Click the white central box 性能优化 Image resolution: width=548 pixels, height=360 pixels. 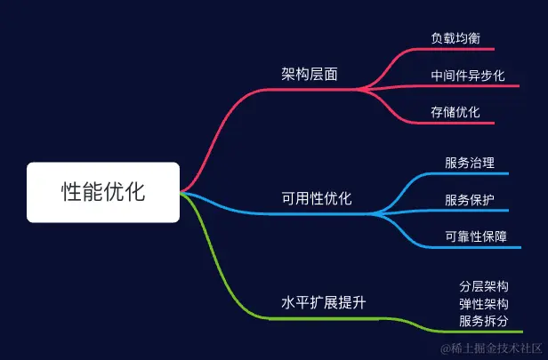[103, 191]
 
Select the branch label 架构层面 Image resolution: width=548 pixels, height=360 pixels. [309, 74]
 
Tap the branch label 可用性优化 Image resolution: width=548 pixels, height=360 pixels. [317, 198]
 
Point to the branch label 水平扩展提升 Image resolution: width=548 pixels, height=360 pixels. [324, 302]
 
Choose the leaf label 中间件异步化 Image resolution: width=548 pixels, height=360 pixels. [467, 76]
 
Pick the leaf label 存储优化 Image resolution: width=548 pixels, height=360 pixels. [455, 112]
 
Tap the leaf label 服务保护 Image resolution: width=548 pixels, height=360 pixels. [470, 199]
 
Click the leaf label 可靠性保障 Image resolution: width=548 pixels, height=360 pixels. [476, 236]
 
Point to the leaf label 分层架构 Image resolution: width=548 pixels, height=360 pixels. [484, 286]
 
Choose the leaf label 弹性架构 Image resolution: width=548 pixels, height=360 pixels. [484, 304]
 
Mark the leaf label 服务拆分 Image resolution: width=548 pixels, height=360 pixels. [484, 321]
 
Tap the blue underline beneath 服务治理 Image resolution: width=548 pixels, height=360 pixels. [476, 174]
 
